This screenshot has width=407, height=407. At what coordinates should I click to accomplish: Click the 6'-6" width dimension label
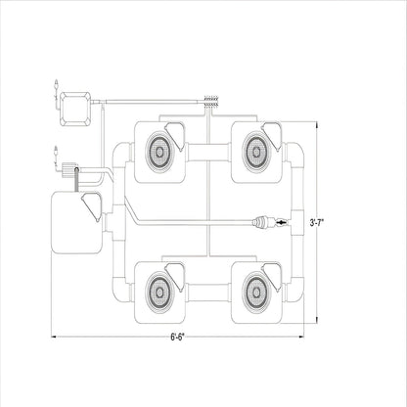(x=177, y=337)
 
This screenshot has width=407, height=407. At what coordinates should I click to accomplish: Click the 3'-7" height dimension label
(x=316, y=223)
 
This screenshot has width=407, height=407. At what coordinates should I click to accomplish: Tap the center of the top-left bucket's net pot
(x=159, y=152)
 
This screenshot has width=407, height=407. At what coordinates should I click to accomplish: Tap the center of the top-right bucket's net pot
(x=256, y=152)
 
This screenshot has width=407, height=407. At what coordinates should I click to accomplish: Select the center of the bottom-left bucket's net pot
(x=159, y=292)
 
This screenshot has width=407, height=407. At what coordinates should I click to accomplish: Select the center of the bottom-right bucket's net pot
(x=256, y=292)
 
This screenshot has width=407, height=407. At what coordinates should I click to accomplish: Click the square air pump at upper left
(x=75, y=109)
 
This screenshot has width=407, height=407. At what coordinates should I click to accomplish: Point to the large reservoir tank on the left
(x=77, y=223)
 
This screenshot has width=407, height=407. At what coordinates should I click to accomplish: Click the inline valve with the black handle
(x=281, y=223)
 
